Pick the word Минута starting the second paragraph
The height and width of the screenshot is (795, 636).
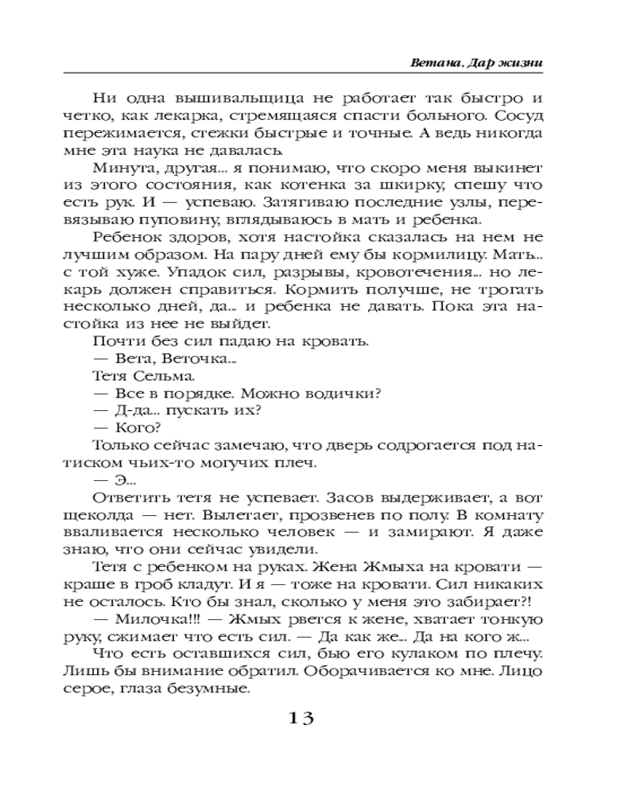[x=120, y=169]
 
